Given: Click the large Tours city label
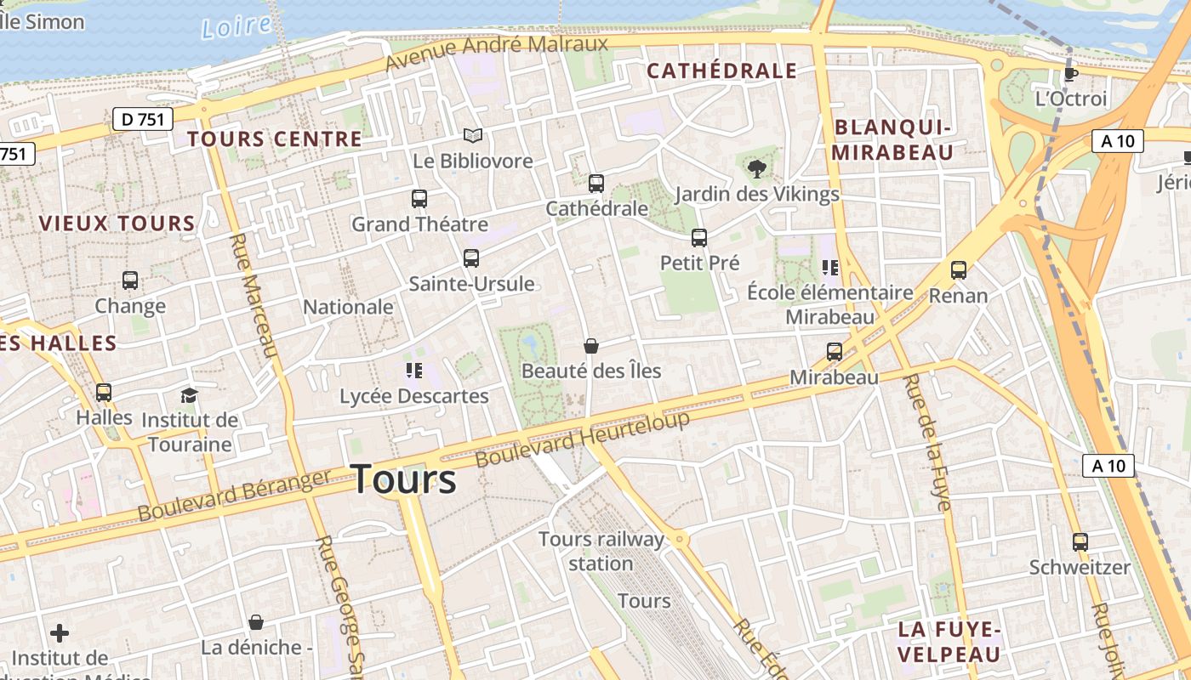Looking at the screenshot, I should point(403,479).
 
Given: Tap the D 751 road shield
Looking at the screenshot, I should point(143,119).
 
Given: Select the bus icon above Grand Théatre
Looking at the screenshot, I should point(419,199).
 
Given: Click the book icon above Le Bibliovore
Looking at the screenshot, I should point(473,135).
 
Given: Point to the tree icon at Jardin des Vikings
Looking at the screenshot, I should point(756,168).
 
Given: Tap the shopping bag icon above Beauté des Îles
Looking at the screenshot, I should point(591,346).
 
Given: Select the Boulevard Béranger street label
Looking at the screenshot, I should point(234,496).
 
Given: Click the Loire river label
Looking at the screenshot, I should point(236,26).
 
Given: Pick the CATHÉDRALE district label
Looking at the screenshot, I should point(722,71).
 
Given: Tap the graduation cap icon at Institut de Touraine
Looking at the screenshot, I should point(189,395).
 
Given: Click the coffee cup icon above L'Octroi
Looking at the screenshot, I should point(1071,73).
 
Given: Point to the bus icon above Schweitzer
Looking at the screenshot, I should point(1080,541).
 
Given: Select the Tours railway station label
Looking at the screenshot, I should point(601,551).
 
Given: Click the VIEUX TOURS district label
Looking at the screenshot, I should point(117,224).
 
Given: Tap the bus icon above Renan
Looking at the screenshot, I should point(959,270).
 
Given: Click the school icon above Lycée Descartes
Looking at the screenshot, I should point(414,370).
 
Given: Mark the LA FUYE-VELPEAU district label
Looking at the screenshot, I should point(949,642).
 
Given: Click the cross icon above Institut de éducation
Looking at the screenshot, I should point(60,633).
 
